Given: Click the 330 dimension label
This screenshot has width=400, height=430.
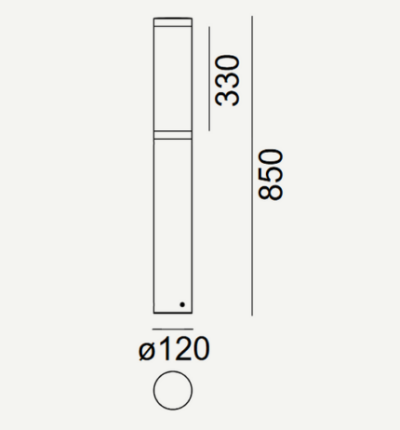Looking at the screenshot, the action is pyautogui.click(x=228, y=81).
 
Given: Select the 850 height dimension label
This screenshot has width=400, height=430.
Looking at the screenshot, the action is pyautogui.click(x=271, y=175).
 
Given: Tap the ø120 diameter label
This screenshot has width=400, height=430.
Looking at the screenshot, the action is pyautogui.click(x=174, y=349).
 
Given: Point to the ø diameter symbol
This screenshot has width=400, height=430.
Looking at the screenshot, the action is pyautogui.click(x=147, y=352).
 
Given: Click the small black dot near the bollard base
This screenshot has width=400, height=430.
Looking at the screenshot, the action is pyautogui.click(x=182, y=304).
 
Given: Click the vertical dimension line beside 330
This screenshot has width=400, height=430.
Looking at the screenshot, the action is pyautogui.click(x=209, y=78).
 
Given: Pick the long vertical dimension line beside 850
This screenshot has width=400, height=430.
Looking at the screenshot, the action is pyautogui.click(x=252, y=166).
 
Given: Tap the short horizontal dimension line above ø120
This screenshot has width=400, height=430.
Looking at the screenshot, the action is pyautogui.click(x=173, y=329).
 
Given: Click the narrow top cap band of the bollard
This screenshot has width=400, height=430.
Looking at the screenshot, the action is pyautogui.click(x=173, y=22).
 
